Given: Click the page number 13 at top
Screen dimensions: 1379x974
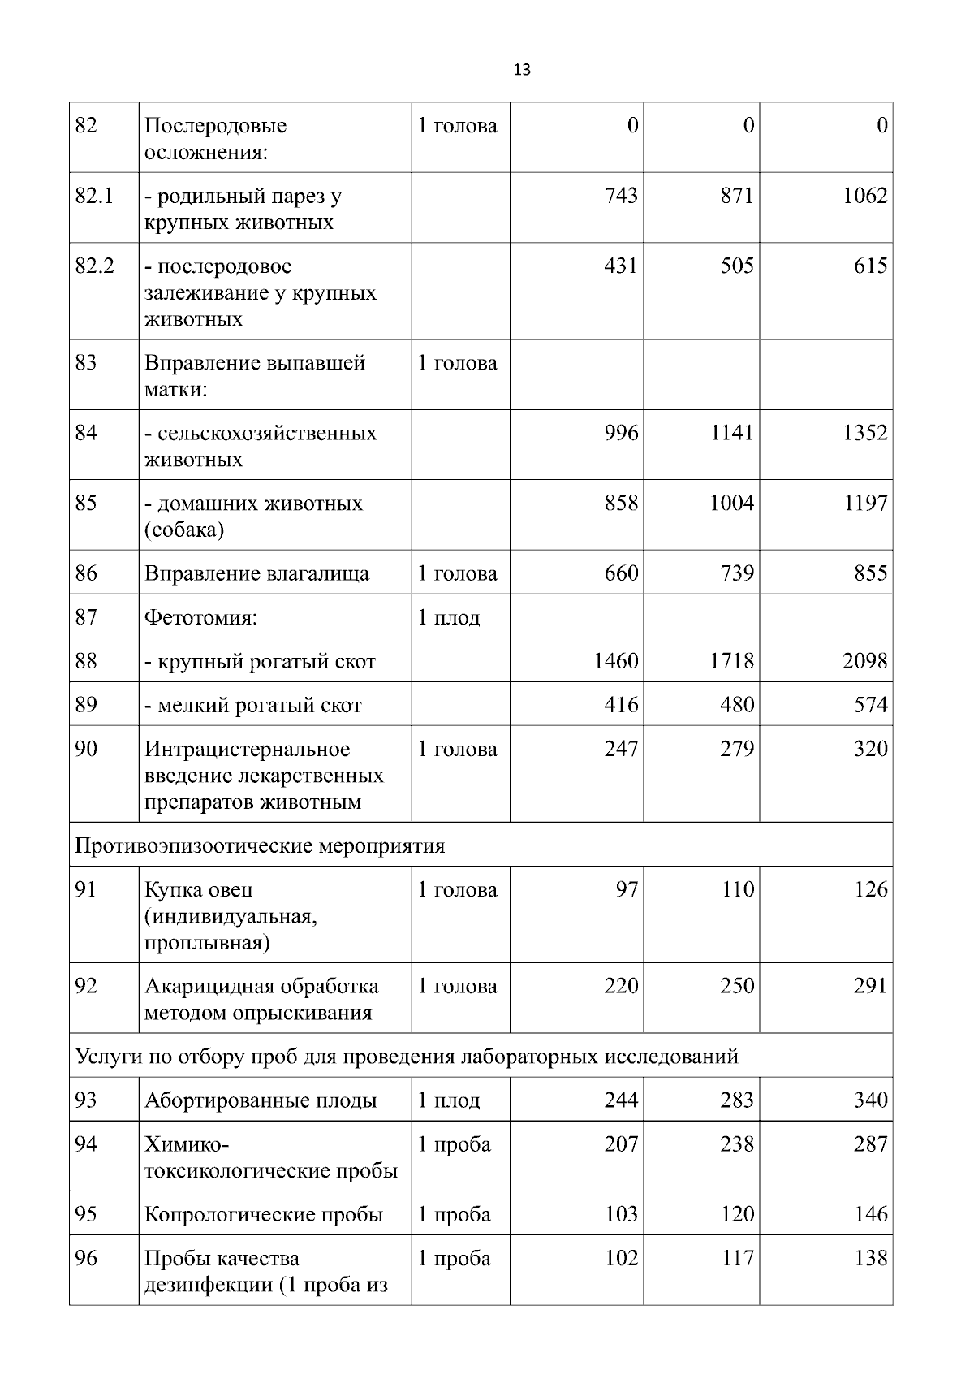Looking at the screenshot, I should click(522, 70).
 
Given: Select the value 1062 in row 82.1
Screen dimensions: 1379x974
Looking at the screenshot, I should click(864, 196).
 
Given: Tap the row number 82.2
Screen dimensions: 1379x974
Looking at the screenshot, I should click(94, 266).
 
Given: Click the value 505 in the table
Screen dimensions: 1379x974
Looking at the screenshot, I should click(737, 266).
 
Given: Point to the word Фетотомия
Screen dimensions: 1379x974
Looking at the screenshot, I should click(200, 618).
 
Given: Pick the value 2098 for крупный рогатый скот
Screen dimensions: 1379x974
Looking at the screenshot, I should click(864, 661).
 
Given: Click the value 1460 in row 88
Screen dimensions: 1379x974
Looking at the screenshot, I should click(615, 661).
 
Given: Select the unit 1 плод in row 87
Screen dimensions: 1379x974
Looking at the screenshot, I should click(448, 618).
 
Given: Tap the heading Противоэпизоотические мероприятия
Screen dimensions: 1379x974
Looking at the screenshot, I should click(260, 846).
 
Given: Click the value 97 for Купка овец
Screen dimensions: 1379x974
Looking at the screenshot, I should click(626, 889).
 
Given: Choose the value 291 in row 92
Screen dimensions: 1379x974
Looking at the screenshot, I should click(870, 986).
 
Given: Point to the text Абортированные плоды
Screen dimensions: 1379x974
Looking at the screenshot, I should click(261, 1101).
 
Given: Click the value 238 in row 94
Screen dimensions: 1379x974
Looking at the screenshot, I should click(737, 1144).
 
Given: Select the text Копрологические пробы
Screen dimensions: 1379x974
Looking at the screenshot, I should click(264, 1215).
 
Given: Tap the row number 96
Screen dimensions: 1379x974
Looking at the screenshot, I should click(85, 1259).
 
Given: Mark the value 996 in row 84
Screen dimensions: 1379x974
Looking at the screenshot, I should click(621, 433).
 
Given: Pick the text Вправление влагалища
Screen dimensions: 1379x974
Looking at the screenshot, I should click(256, 574).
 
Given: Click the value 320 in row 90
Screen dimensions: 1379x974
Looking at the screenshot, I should click(870, 749).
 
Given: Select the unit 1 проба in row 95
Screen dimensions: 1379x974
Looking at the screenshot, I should click(454, 1215).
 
